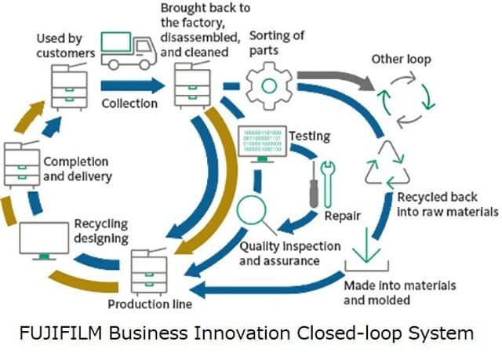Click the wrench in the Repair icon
[x=328, y=180]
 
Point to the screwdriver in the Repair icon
[x=315, y=183]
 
